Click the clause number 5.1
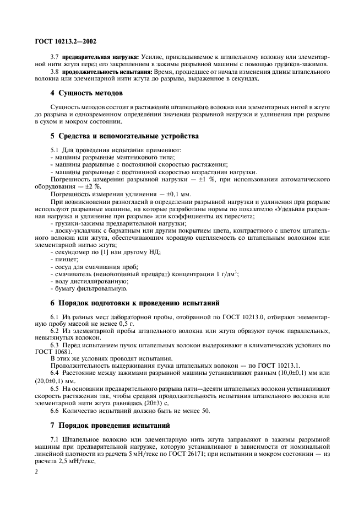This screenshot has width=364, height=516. coord(55,150)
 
